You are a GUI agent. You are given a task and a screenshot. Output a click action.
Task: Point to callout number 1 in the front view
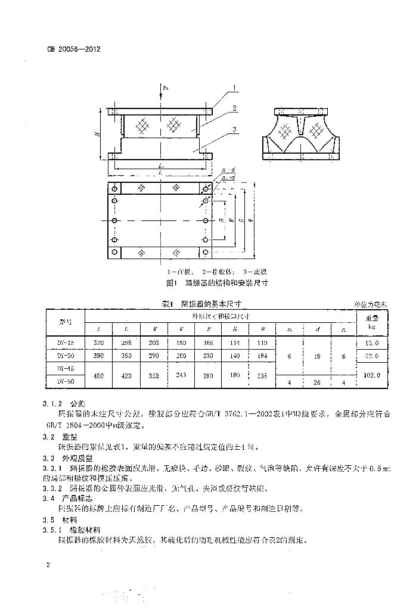(x=235, y=88)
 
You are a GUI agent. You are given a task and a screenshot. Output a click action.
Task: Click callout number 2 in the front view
(x=235, y=108)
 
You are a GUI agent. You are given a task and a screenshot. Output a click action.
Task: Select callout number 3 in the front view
(x=235, y=129)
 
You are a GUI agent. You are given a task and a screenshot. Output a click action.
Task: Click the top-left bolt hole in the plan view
(x=113, y=188)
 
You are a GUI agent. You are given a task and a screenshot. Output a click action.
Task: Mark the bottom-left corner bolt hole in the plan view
(x=113, y=253)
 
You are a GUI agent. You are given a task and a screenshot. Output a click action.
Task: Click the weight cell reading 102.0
(x=373, y=375)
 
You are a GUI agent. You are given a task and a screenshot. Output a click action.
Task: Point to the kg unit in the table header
(x=373, y=327)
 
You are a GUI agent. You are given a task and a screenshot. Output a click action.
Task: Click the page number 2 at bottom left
(x=47, y=564)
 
